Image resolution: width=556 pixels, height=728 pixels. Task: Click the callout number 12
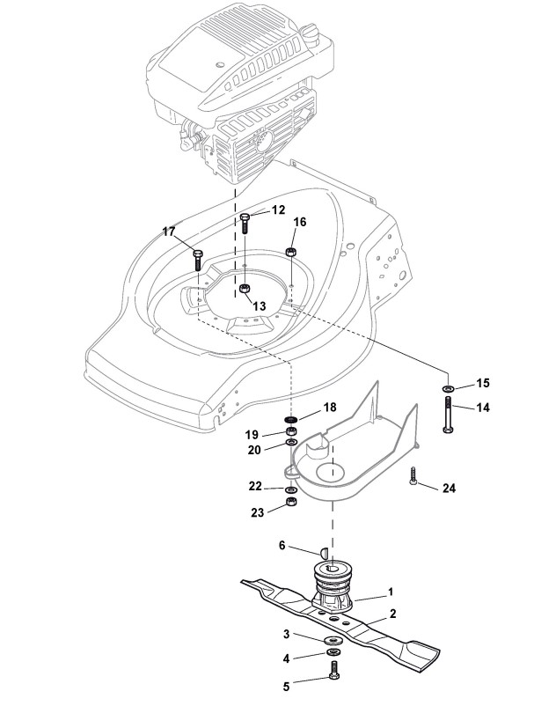click(278, 210)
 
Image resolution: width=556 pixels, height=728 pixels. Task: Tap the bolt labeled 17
click(198, 260)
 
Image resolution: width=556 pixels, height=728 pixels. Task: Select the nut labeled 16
click(291, 252)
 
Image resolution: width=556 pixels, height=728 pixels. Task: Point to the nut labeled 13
click(245, 289)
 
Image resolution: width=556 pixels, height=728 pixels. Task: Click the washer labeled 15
click(448, 387)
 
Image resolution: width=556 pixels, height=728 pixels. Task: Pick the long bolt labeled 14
click(448, 415)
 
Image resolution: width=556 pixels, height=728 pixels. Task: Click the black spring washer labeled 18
click(291, 420)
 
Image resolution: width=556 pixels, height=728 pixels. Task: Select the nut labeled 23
click(291, 502)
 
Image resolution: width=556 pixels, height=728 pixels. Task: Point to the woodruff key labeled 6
click(324, 552)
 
